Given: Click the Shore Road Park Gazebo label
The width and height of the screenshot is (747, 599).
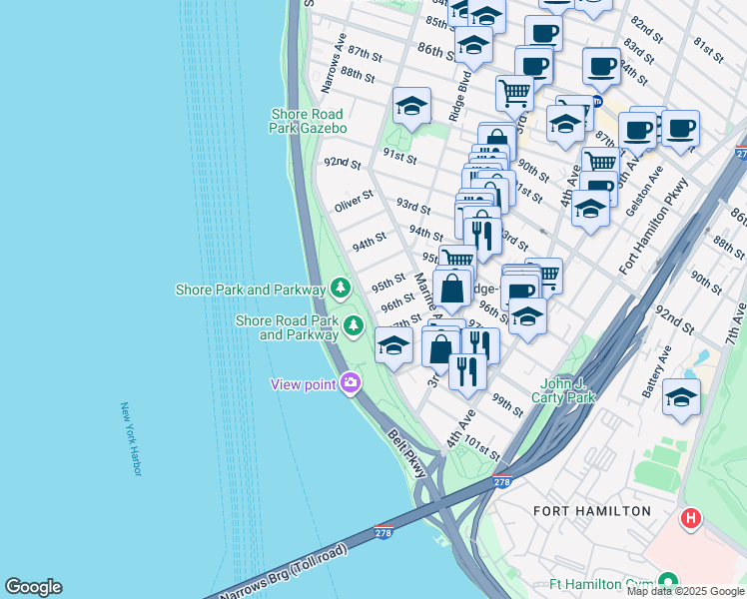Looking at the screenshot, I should click(x=309, y=121).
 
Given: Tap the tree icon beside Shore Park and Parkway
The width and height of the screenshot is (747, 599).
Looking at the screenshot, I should click(x=342, y=290).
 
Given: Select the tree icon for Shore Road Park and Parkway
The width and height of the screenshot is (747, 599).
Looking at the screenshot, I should click(x=353, y=325).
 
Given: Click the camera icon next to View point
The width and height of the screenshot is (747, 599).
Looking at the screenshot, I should click(x=350, y=382).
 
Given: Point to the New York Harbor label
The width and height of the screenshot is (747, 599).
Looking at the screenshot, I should click(x=132, y=439).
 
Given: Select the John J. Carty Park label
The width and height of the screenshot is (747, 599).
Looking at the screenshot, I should click(x=567, y=390).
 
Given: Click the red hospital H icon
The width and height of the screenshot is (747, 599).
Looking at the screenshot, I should click(x=690, y=518).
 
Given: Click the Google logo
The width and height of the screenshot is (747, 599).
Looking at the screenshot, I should click(x=33, y=587).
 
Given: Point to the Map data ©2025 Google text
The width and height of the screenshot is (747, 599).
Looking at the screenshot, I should click(x=684, y=591).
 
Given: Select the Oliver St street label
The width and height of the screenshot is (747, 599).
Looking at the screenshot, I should click(x=354, y=202).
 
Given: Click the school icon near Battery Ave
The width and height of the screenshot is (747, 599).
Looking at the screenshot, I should click(x=681, y=396).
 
